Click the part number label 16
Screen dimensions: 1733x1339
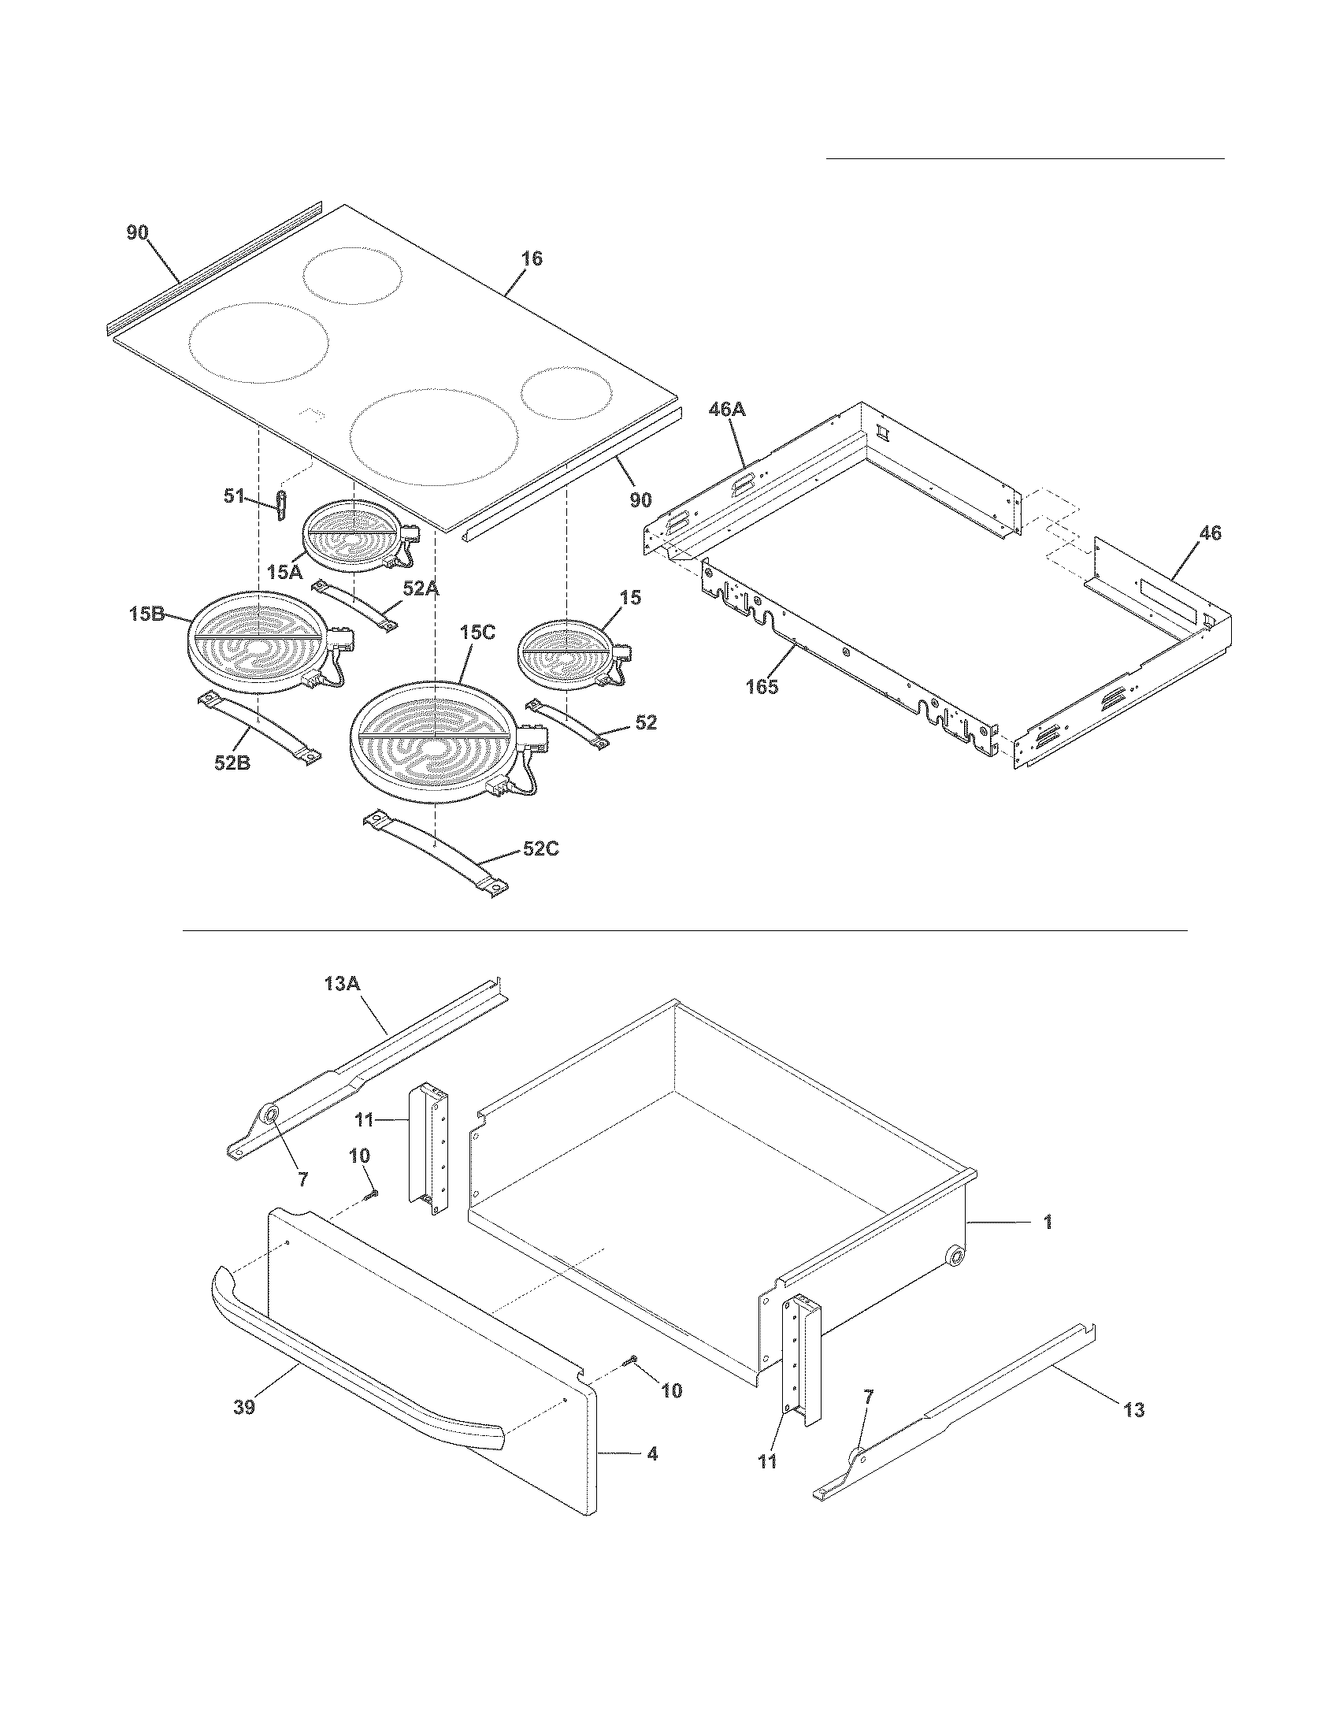(532, 258)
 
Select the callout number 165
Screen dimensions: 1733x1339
(762, 686)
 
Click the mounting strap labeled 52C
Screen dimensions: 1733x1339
(436, 852)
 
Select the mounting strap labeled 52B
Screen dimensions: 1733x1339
(258, 725)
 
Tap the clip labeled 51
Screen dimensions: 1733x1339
(280, 505)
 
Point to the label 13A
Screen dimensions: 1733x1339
(343, 983)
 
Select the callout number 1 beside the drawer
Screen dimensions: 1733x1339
(1047, 1223)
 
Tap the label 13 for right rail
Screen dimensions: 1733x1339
(1134, 1410)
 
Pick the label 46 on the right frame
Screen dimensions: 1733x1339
(1210, 533)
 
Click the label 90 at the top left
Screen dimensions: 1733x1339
(137, 232)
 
